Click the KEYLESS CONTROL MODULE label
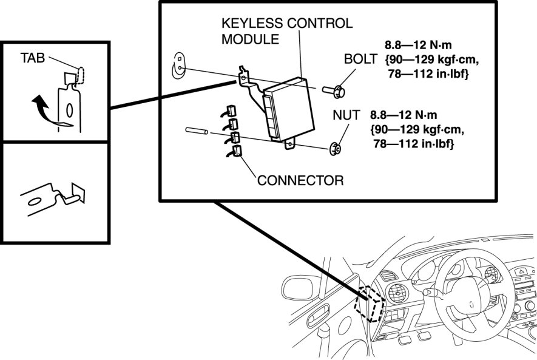[x=287, y=31]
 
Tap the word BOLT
[x=360, y=59]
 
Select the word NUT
[x=346, y=115]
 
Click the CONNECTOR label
[x=300, y=180]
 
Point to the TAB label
[x=33, y=58]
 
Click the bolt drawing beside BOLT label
[x=334, y=92]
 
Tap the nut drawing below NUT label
[x=334, y=149]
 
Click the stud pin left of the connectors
[x=197, y=131]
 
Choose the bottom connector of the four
[x=235, y=151]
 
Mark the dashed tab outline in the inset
[x=81, y=75]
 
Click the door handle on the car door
[x=319, y=316]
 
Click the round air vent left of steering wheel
[x=397, y=294]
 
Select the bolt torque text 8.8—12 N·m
[x=418, y=45]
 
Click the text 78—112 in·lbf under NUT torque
[x=414, y=143]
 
